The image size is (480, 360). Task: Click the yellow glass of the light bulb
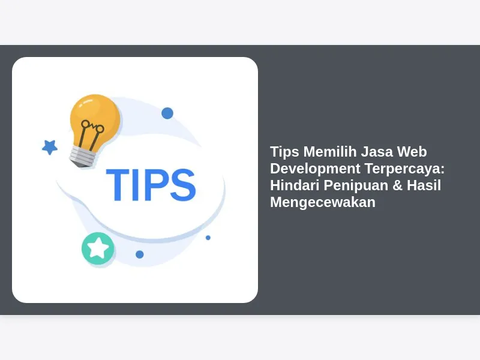(x=95, y=119)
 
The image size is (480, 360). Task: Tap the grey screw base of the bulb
(x=83, y=157)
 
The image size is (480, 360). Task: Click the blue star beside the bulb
(x=50, y=147)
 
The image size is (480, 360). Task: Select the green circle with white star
(x=98, y=248)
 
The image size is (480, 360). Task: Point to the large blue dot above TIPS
(x=167, y=113)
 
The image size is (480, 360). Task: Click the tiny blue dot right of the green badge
(x=140, y=254)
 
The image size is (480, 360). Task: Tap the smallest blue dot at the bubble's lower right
(x=208, y=238)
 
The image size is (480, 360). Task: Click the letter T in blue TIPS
(x=118, y=185)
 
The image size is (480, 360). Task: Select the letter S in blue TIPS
(x=183, y=185)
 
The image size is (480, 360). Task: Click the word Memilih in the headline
(x=330, y=152)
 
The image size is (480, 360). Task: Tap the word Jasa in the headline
(x=377, y=152)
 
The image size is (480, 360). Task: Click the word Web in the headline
(x=412, y=152)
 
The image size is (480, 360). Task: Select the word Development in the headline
(x=316, y=169)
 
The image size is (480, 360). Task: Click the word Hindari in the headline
(x=295, y=185)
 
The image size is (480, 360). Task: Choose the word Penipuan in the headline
(x=356, y=185)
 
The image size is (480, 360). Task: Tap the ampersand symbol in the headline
(x=397, y=185)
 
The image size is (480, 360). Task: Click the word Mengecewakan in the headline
(x=323, y=202)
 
